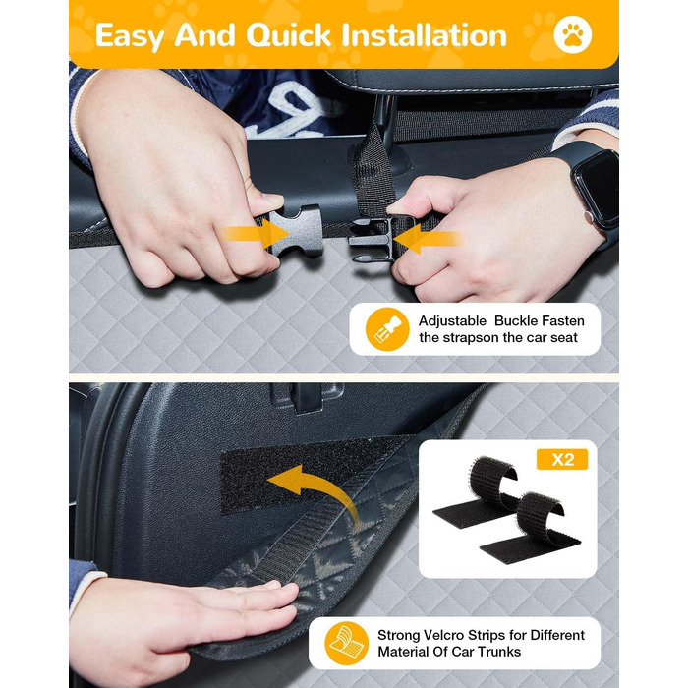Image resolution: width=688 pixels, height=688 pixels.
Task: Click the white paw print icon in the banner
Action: click(x=572, y=34)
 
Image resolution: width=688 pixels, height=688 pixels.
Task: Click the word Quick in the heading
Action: click(x=288, y=35)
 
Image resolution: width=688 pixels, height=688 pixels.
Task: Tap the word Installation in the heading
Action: click(x=425, y=35)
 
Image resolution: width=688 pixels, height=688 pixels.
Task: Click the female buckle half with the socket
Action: click(x=295, y=230)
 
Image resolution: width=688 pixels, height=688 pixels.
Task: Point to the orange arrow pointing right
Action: click(x=256, y=234)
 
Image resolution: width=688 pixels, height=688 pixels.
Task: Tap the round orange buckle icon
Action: click(x=387, y=329)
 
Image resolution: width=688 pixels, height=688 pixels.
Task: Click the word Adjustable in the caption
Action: click(x=452, y=321)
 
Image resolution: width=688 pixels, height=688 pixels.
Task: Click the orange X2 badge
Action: click(x=562, y=459)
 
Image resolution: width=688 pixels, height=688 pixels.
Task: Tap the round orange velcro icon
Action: click(x=347, y=643)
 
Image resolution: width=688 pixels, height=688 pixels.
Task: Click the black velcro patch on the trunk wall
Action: click(x=307, y=474)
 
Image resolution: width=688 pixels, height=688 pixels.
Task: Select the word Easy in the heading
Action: click(x=130, y=36)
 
